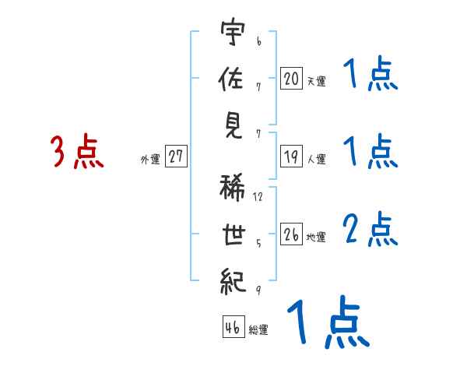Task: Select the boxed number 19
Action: (x=291, y=157)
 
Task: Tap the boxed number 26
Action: (x=291, y=234)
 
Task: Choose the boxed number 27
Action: (x=176, y=157)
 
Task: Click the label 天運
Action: (x=316, y=80)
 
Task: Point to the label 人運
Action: (x=316, y=159)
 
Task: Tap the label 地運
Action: (x=316, y=237)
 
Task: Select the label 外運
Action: (x=150, y=159)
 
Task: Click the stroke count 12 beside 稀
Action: (x=258, y=197)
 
